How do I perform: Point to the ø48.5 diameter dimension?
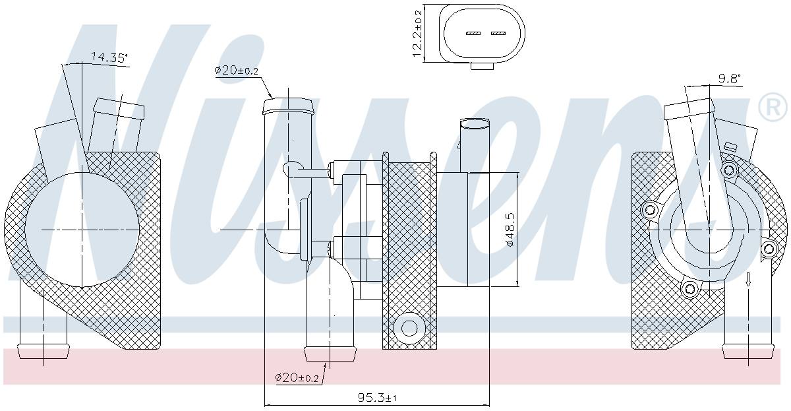(x=510, y=230)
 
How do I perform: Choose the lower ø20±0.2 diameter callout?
(x=297, y=377)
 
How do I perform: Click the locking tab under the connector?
(x=484, y=65)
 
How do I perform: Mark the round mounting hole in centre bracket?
(x=409, y=327)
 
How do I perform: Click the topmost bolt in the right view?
(x=728, y=170)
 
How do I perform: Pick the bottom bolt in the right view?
(x=689, y=288)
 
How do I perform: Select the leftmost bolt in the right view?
(x=650, y=210)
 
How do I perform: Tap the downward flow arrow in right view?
(x=748, y=280)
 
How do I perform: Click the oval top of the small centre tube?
(x=475, y=123)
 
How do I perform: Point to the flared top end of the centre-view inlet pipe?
(x=287, y=106)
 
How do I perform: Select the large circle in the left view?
(x=82, y=229)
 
